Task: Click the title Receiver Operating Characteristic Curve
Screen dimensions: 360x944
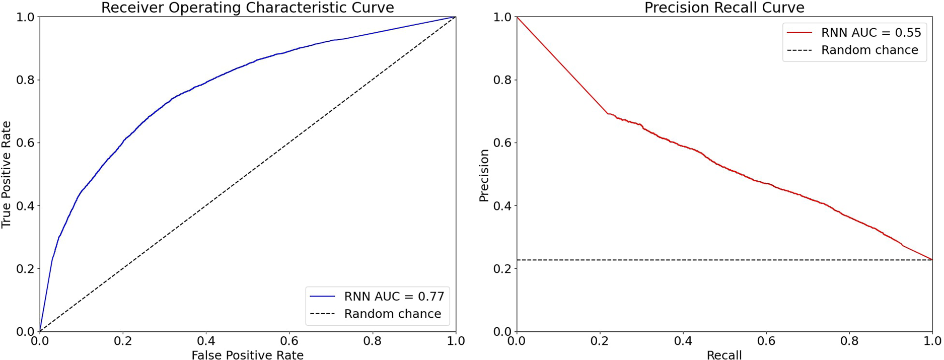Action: click(x=247, y=8)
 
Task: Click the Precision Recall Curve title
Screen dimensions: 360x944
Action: click(x=724, y=8)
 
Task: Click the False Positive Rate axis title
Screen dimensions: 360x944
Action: click(x=247, y=355)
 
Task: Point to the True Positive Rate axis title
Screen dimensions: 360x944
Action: click(x=7, y=174)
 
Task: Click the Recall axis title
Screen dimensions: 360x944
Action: click(x=724, y=355)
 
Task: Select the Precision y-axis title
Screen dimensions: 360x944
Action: click(x=484, y=175)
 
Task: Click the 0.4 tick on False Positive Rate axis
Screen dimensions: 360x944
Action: click(x=206, y=341)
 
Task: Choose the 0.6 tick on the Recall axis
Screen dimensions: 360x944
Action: click(x=766, y=341)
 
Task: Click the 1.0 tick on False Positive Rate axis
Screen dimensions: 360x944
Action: click(x=455, y=341)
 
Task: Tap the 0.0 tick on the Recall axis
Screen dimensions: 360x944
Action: click(x=517, y=341)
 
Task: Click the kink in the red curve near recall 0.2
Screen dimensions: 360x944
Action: click(x=608, y=113)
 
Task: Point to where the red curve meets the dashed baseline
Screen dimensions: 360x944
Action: click(x=932, y=260)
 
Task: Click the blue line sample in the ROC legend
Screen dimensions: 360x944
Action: click(x=322, y=296)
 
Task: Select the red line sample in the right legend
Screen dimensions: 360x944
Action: click(x=800, y=33)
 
